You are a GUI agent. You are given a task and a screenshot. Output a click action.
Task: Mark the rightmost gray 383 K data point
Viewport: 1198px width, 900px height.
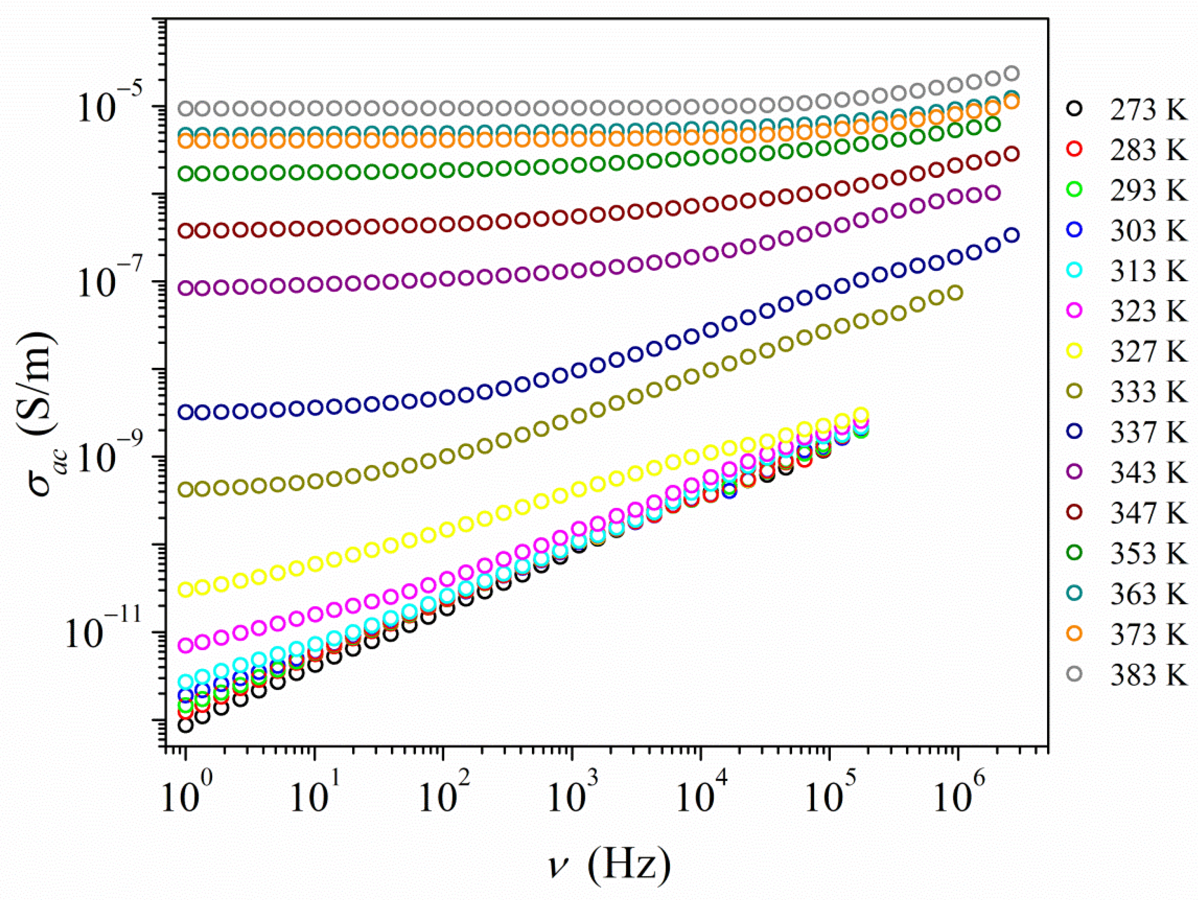tap(1012, 73)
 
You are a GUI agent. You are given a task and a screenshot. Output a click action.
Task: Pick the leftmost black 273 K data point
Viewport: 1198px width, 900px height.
tap(186, 725)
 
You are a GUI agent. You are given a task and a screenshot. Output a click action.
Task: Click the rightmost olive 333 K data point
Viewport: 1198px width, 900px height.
tap(956, 293)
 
